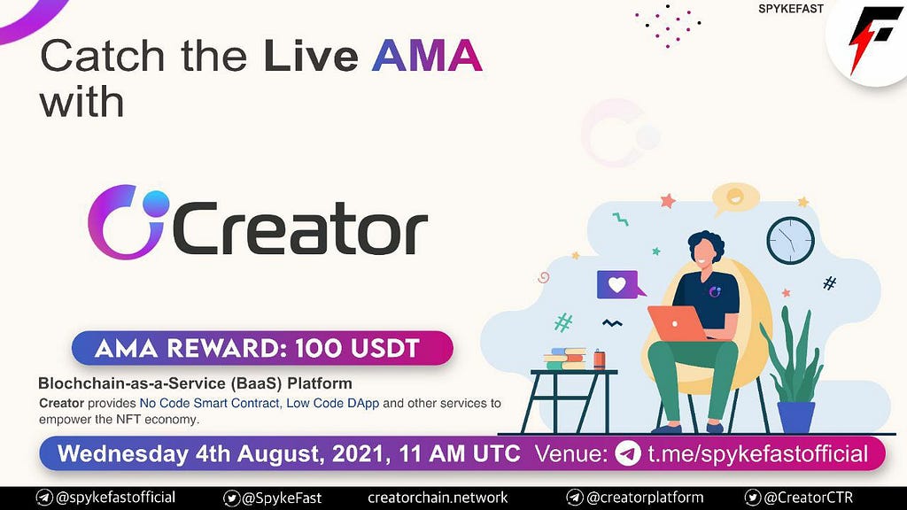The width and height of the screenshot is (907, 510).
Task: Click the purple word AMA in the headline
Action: coord(427,56)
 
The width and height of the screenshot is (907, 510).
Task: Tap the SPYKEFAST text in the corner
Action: coord(791,9)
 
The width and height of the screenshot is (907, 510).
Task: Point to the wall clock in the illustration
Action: coord(790,241)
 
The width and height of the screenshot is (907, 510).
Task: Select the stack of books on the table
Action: coord(565,359)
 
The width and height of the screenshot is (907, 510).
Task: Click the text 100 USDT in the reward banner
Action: coord(357,348)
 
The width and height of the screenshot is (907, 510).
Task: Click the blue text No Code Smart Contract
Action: coord(209,403)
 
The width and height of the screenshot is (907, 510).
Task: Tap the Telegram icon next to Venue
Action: coord(628,453)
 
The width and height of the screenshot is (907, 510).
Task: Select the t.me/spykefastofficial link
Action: coord(758,454)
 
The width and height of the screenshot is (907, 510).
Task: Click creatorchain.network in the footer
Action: coord(438,498)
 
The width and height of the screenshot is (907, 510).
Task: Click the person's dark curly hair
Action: coord(706,243)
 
